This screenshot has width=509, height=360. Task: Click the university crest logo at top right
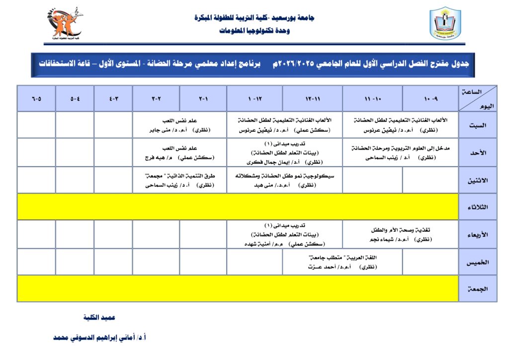[445, 24]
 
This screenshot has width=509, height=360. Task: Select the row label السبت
[477, 125]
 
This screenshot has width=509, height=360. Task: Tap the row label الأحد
[477, 152]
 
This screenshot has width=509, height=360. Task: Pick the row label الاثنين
[477, 180]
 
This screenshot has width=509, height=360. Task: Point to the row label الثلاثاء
[477, 207]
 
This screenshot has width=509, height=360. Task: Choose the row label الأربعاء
[477, 234]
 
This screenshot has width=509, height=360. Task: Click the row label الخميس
[477, 262]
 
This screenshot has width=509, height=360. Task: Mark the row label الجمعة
[477, 288]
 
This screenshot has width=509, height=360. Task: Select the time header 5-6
[36, 98]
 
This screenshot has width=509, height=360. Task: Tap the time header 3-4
[113, 98]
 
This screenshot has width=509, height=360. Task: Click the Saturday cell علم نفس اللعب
[179, 125]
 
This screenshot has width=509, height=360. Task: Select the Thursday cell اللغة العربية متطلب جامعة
[342, 262]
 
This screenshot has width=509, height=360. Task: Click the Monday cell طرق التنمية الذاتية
[179, 180]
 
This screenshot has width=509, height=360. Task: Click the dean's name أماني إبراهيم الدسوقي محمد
[99, 337]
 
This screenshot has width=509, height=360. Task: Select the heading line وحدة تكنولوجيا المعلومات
[254, 31]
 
